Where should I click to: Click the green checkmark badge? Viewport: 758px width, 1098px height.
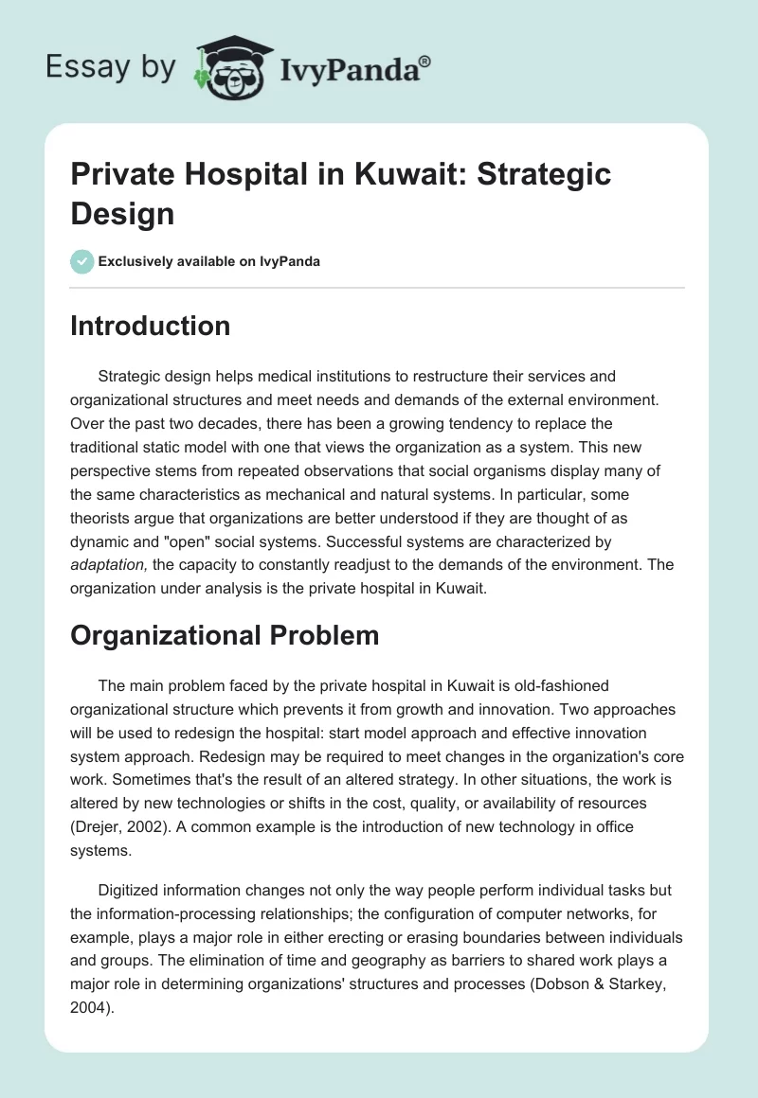tap(82, 261)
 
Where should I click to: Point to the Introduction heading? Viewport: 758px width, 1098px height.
tap(151, 326)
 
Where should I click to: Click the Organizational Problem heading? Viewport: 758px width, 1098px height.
tap(225, 635)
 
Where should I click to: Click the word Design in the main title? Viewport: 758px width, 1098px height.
tap(122, 213)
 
